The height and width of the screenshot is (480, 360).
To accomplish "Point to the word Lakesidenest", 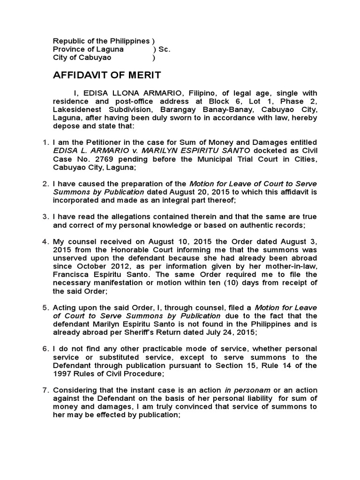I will click(76, 110).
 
